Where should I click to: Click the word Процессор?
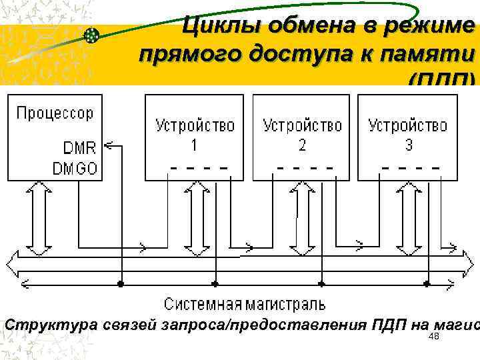pyautogui.click(x=55, y=113)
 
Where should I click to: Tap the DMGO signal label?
pyautogui.click(x=75, y=168)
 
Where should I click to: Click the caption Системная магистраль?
pyautogui.click(x=245, y=305)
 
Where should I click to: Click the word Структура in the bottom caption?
pyautogui.click(x=52, y=325)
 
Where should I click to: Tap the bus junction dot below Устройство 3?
pyautogui.click(x=427, y=283)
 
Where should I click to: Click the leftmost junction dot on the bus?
pyautogui.click(x=121, y=283)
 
